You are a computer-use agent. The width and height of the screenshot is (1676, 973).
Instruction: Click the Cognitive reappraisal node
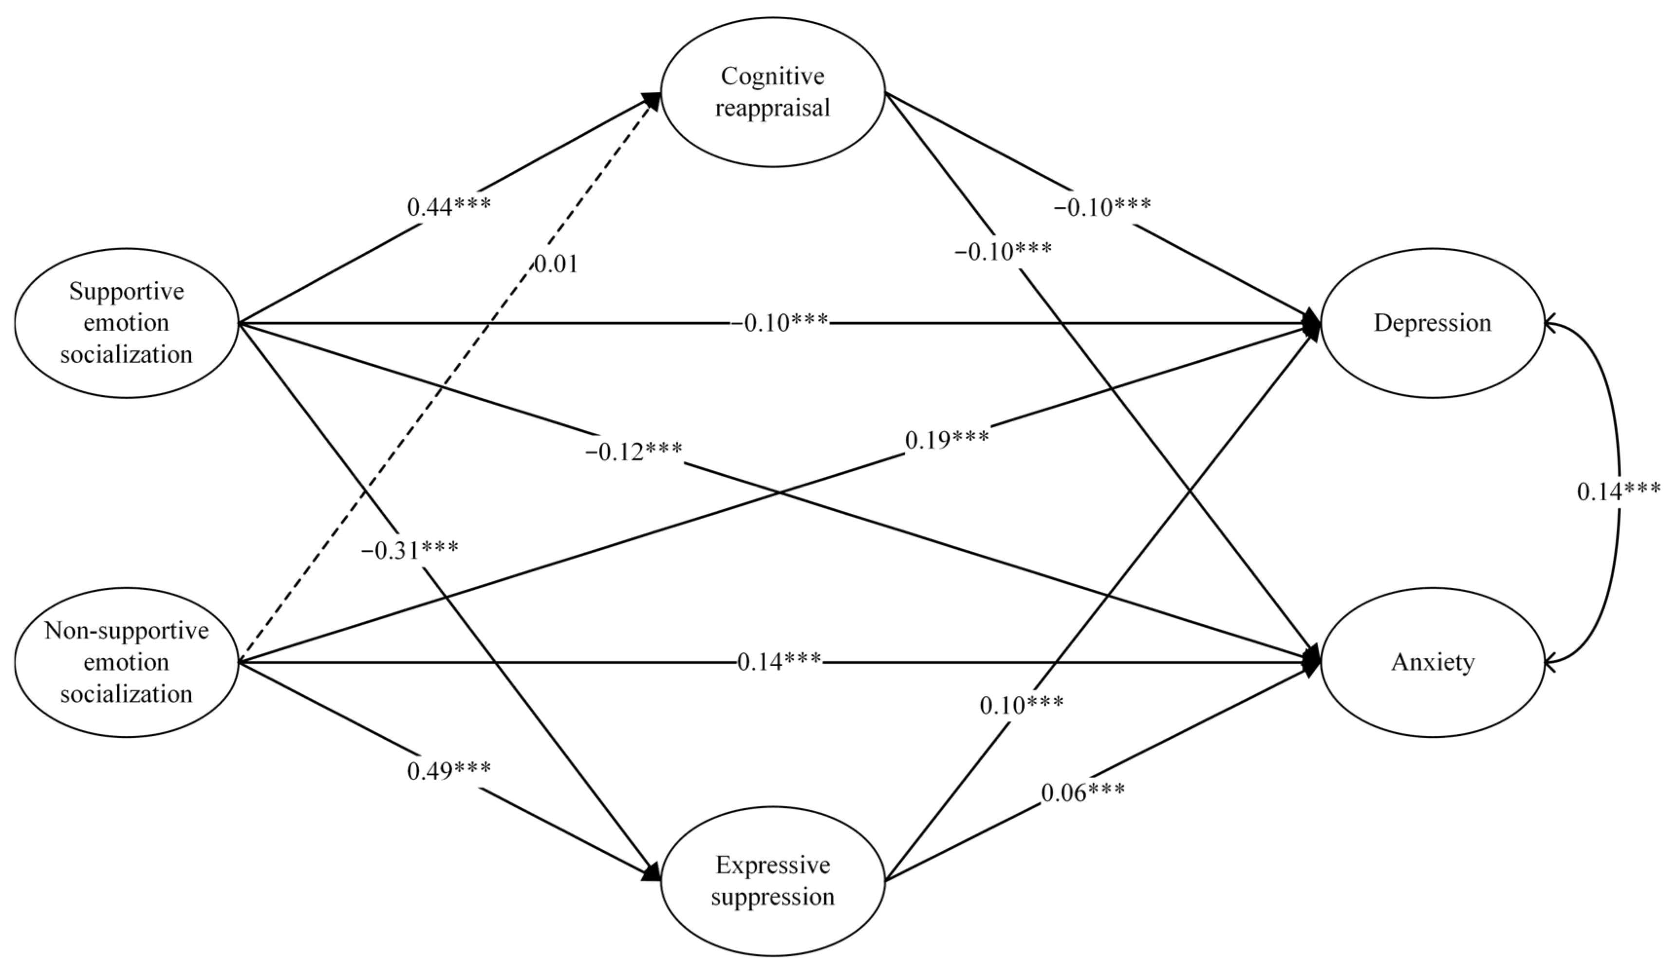click(x=772, y=92)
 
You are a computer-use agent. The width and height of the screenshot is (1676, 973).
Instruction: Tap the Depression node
click(x=1432, y=323)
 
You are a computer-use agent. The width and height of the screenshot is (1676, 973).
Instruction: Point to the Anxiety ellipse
click(x=1432, y=662)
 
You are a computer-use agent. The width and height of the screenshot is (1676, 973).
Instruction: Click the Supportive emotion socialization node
click(x=127, y=323)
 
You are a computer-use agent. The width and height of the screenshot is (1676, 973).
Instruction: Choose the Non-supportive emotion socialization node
click(x=127, y=662)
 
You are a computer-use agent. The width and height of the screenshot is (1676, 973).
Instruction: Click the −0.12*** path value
click(x=633, y=452)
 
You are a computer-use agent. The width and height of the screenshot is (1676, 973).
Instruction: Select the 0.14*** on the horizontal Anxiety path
click(x=779, y=662)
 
